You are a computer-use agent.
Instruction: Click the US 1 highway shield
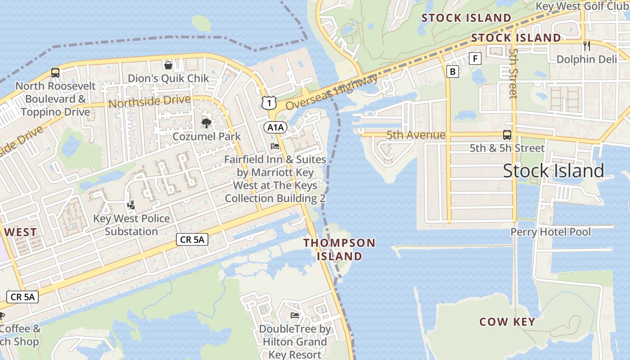[269, 103]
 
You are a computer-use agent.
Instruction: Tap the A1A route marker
[275, 127]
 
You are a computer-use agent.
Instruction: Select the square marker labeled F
[475, 58]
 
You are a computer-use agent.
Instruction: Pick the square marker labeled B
[453, 71]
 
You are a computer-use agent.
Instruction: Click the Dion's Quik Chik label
[168, 78]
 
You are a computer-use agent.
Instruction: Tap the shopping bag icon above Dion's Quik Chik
[168, 65]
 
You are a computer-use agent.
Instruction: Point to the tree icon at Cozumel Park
[207, 123]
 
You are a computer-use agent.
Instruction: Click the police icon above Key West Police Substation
[131, 205]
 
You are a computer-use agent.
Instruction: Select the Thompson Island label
[339, 249]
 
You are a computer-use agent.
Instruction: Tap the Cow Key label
[507, 322]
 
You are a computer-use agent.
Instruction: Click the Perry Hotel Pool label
[550, 232]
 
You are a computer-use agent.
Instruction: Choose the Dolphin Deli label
[586, 59]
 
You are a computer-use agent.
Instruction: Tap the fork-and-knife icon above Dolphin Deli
[586, 45]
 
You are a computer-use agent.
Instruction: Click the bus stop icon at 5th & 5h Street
[507, 135]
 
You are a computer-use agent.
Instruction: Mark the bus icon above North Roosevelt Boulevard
[55, 72]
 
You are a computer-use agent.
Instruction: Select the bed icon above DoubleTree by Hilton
[295, 315]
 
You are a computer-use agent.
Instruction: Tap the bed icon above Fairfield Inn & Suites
[275, 146]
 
